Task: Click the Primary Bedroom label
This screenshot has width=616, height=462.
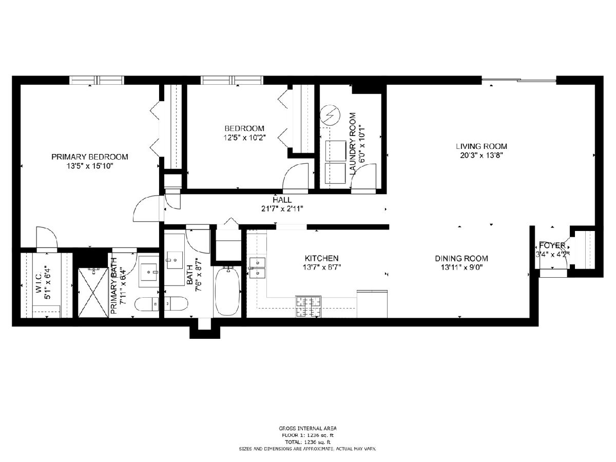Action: [x=89, y=157]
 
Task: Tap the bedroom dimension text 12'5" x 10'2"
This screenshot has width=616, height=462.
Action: [x=244, y=138]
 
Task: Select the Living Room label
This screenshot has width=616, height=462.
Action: [x=482, y=146]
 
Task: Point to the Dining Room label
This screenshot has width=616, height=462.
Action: [x=461, y=258]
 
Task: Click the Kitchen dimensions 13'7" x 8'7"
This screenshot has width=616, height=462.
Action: [x=322, y=267]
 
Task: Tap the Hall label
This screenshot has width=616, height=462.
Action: [x=282, y=200]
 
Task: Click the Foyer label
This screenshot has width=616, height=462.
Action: [x=552, y=245]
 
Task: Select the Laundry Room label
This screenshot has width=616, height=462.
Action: [x=353, y=144]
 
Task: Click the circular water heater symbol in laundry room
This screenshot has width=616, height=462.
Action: [x=330, y=116]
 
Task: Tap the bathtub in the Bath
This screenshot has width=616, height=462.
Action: [x=227, y=291]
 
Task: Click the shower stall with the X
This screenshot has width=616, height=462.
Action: [x=93, y=293]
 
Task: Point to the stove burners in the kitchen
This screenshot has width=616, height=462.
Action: [x=308, y=306]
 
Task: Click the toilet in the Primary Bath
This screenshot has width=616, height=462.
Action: [x=146, y=304]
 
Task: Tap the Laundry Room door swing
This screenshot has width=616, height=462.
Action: [x=363, y=177]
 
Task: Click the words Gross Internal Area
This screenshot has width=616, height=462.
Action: [x=307, y=428]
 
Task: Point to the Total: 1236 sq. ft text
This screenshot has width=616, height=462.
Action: [x=307, y=442]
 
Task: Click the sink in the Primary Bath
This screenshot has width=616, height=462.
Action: [x=149, y=272]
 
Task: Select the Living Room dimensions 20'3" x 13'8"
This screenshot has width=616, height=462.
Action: [x=482, y=155]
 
